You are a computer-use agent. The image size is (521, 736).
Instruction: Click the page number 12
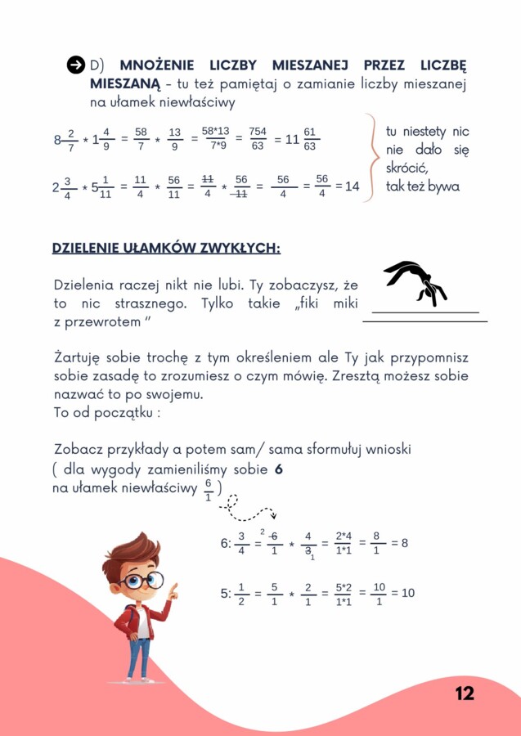[465, 693]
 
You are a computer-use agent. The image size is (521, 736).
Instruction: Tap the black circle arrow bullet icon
[75, 65]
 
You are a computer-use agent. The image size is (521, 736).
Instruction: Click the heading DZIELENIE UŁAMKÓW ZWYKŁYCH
[166, 248]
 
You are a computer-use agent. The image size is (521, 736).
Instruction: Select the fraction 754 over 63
[258, 138]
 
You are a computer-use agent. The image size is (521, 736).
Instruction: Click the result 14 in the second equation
[352, 186]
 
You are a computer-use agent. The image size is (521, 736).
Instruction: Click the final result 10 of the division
[407, 594]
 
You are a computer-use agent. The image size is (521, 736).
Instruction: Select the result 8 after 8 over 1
[403, 543]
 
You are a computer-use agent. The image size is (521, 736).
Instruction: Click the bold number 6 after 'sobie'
[279, 471]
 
